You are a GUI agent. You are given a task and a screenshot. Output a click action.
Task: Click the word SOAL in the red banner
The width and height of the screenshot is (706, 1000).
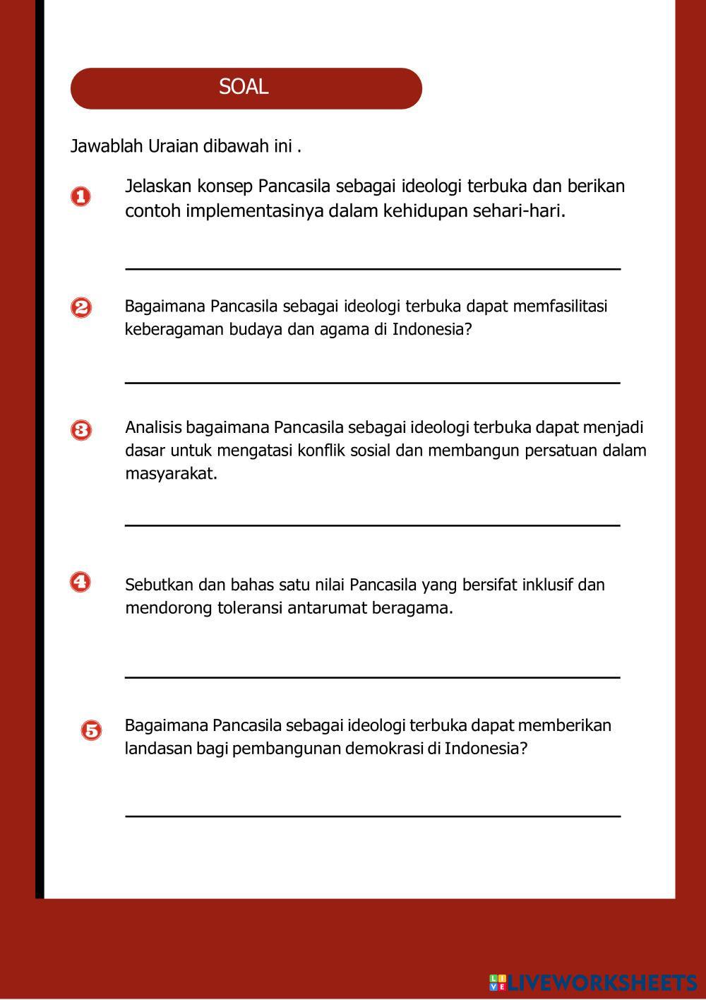coord(244,87)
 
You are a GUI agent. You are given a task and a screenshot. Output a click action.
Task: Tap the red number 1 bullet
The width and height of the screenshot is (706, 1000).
coord(81,196)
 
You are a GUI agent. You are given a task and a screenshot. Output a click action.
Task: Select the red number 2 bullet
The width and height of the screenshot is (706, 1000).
coord(81,307)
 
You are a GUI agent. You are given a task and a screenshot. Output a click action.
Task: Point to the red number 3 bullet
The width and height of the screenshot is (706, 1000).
coord(81,429)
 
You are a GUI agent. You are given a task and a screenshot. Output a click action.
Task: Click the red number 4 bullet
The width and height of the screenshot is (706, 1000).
coord(80,582)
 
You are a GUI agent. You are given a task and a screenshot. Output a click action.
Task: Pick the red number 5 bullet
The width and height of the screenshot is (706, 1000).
coord(91,730)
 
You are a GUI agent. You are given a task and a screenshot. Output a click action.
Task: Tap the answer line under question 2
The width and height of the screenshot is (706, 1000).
coord(373,383)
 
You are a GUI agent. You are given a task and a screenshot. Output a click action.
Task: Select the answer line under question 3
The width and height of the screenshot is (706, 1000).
coord(373,525)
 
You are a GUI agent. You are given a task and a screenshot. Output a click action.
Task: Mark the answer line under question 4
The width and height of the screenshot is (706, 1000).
coord(373,677)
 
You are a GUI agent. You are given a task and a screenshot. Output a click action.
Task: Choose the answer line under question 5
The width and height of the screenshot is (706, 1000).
coord(373,816)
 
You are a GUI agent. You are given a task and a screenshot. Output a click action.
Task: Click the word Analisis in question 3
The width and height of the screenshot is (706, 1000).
coord(153,427)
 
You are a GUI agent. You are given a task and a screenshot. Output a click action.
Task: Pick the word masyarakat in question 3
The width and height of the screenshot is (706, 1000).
coord(170,473)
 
